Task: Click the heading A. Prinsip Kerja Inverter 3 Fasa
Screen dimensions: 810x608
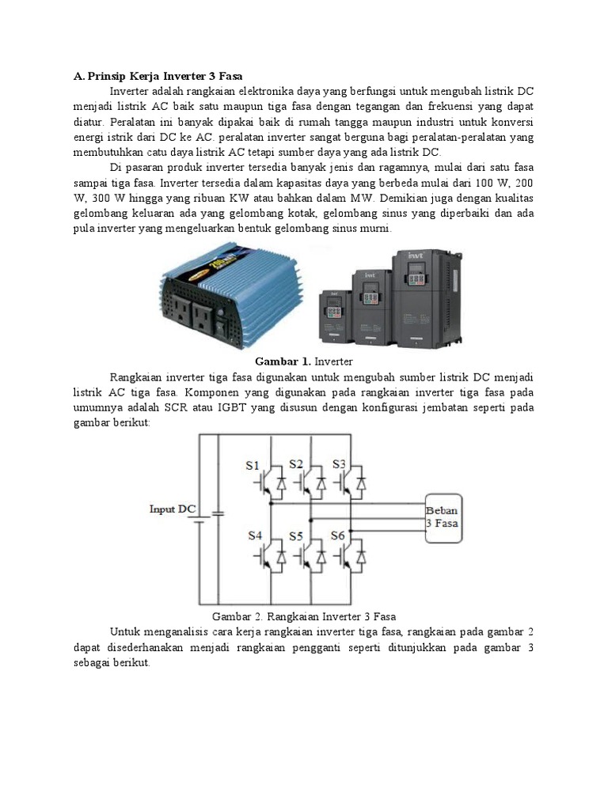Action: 158,77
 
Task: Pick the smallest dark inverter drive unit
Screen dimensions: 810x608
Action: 334,316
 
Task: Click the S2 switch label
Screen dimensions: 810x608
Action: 296,464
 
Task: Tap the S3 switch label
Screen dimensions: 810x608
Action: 339,464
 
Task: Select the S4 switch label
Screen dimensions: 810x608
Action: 254,536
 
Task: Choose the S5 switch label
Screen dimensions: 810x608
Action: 296,536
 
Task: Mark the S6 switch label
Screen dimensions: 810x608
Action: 338,536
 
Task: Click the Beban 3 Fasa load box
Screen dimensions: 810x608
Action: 442,516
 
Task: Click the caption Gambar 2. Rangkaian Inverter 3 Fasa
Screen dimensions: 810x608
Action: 303,616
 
